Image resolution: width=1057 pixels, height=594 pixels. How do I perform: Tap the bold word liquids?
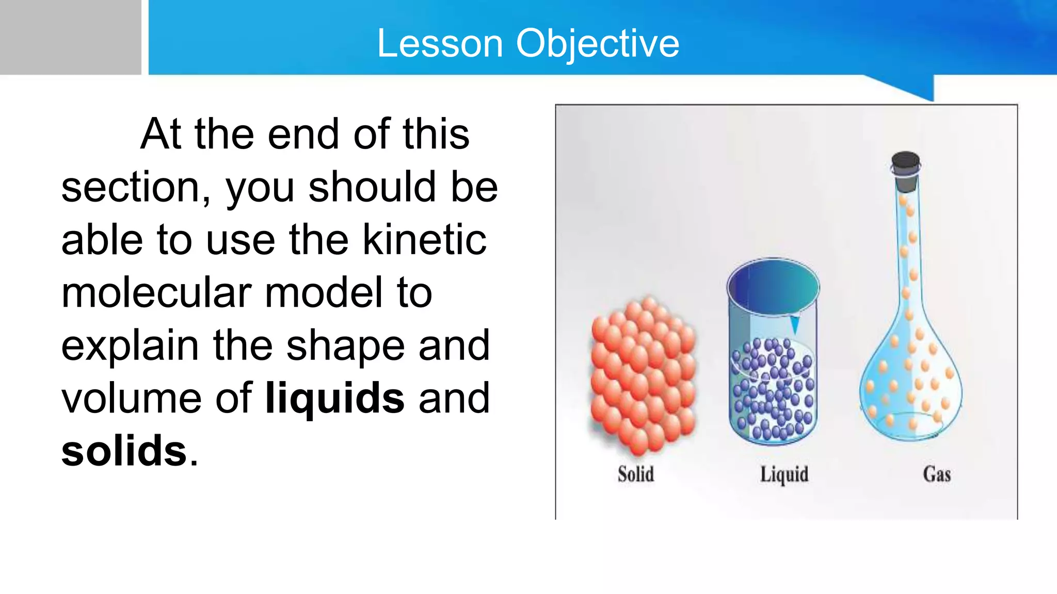[x=334, y=398]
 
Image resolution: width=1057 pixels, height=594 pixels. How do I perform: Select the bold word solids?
[x=124, y=451]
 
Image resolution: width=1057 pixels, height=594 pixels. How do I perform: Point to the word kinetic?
[x=424, y=240]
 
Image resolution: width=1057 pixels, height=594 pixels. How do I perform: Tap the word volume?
[x=131, y=398]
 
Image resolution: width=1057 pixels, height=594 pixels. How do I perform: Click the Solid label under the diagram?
[x=636, y=474]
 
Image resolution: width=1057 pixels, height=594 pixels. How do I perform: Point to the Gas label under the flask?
[x=937, y=474]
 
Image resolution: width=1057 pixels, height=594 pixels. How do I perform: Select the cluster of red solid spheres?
[x=643, y=376]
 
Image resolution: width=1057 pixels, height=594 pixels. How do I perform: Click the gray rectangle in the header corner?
[x=70, y=37]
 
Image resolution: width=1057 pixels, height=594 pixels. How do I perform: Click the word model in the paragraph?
[x=324, y=293]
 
